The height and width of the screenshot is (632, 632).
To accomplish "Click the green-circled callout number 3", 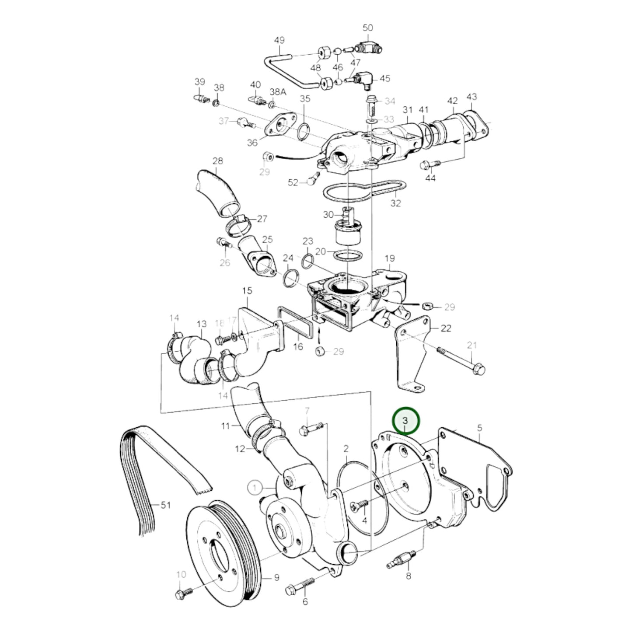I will click(405, 420).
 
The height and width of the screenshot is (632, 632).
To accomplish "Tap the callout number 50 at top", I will click(367, 28).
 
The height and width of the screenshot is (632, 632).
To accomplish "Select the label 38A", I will click(278, 92).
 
